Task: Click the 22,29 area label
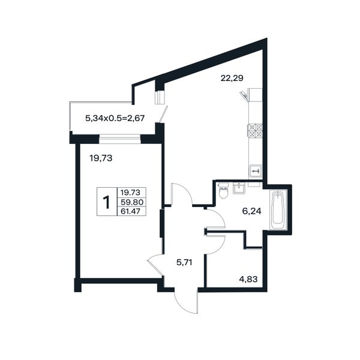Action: [232, 79]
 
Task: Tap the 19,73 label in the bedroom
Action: [101, 158]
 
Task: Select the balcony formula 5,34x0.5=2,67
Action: [115, 118]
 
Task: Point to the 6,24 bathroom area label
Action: [251, 211]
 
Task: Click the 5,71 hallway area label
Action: [184, 262]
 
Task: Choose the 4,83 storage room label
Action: [248, 280]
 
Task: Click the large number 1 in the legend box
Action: [107, 202]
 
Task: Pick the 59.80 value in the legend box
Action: [132, 202]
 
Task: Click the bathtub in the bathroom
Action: [278, 209]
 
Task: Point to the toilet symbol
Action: [223, 191]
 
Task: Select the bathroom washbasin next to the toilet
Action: [239, 188]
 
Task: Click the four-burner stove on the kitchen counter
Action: [255, 131]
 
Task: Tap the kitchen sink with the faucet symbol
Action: [256, 171]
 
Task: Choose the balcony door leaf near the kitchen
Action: [163, 115]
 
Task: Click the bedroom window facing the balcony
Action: [119, 139]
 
